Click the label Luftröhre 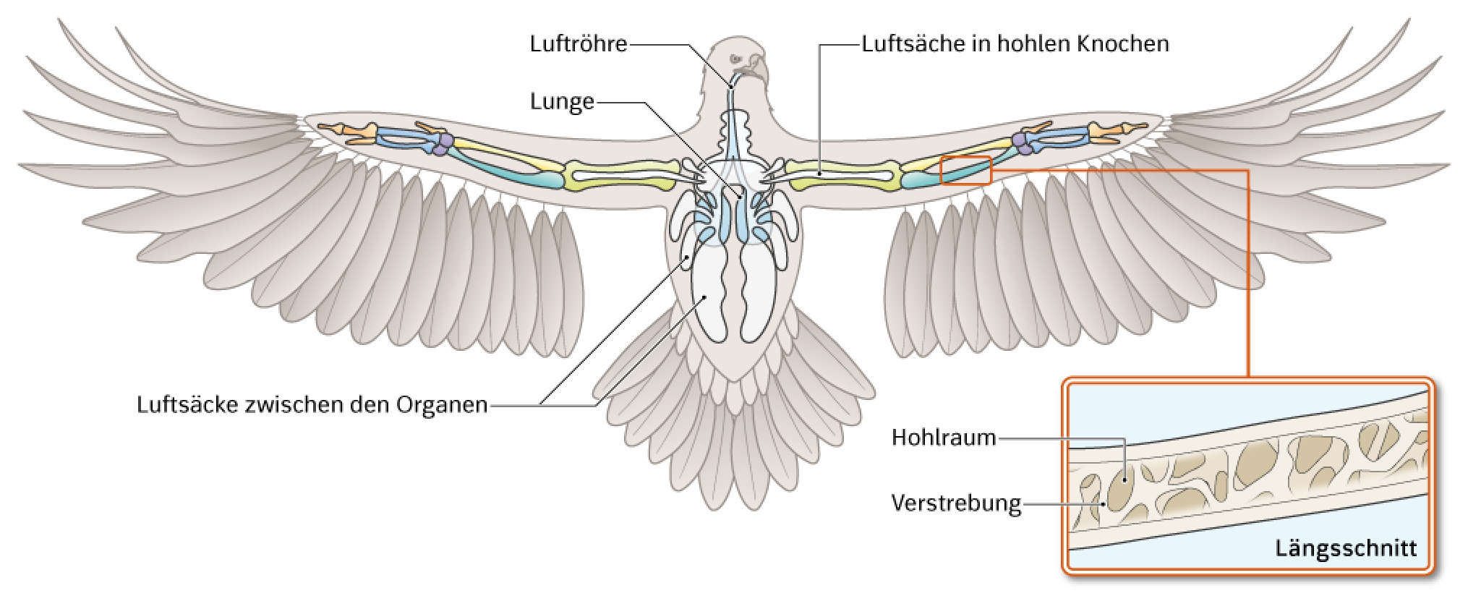[578, 43]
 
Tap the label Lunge [562, 102]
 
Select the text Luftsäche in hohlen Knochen [1015, 43]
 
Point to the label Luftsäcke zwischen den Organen [312, 404]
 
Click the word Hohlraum [944, 438]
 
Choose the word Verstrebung [956, 503]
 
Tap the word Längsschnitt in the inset [1346, 548]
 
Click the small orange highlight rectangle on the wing [965, 171]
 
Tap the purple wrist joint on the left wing [443, 144]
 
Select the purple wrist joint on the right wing [1023, 143]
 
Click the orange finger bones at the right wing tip [1117, 132]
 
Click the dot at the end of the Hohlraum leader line [1125, 480]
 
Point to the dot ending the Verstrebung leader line [1103, 503]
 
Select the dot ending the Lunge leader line [741, 197]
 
